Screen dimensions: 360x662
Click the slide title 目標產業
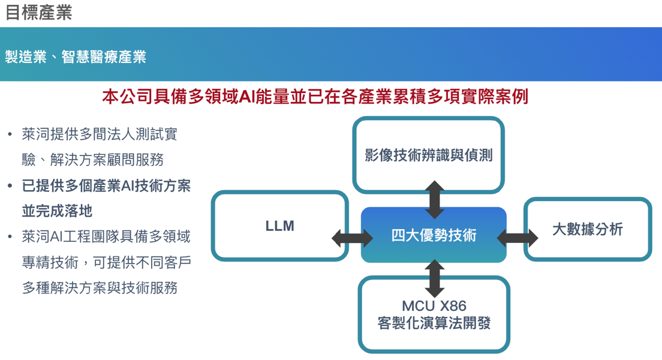pyautogui.click(x=39, y=13)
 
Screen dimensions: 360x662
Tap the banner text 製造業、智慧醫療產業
pyautogui.click(x=76, y=57)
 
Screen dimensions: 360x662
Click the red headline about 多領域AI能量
pyautogui.click(x=315, y=97)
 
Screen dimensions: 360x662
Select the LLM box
pyautogui.click(x=279, y=226)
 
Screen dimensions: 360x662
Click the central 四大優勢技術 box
pyautogui.click(x=434, y=235)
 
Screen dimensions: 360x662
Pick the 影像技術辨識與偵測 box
pyautogui.click(x=428, y=155)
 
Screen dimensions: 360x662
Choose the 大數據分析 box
pyautogui.click(x=587, y=229)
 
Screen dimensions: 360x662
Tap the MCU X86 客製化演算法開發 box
pyautogui.click(x=434, y=314)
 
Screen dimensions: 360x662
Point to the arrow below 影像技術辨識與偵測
pyautogui.click(x=434, y=198)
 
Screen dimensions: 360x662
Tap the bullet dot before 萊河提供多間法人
pyautogui.click(x=10, y=134)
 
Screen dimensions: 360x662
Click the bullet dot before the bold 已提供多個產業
pyautogui.click(x=10, y=186)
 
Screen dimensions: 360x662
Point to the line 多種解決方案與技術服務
pyautogui.click(x=100, y=288)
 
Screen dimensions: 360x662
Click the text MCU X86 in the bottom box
pyautogui.click(x=434, y=306)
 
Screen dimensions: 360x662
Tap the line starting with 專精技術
pyautogui.click(x=106, y=263)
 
